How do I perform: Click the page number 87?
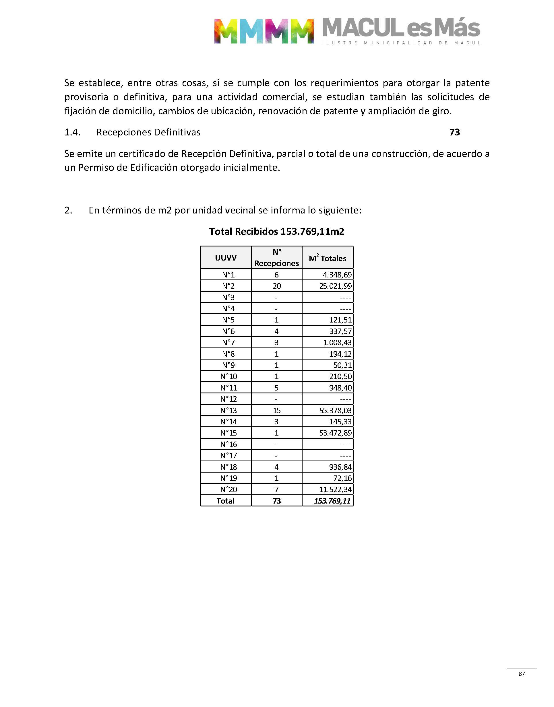522,674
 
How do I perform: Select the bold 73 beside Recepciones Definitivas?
454,132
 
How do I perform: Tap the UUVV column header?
226,258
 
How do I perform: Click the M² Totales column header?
327,258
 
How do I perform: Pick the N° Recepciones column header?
276,258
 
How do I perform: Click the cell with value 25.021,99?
335,286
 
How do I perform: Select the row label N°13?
229,410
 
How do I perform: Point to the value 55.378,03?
335,410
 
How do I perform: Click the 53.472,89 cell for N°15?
335,433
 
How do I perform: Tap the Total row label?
225,501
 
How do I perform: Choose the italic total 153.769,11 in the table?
332,501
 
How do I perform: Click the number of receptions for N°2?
277,286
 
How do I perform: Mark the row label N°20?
229,490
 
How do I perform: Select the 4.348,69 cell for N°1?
337,275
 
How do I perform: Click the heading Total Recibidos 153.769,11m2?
277,232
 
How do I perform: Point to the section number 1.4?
72,132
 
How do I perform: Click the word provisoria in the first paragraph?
86,97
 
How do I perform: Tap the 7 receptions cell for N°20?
277,490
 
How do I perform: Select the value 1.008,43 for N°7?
337,343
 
